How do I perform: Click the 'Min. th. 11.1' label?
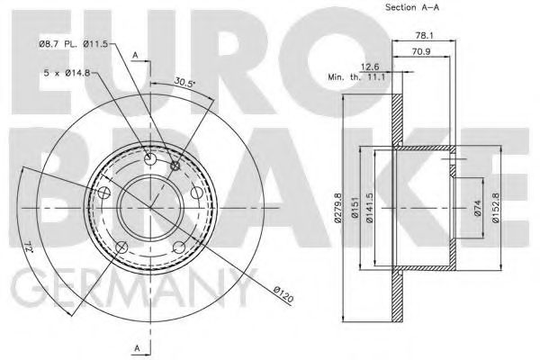coord(356,78)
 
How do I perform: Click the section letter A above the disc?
coord(136,56)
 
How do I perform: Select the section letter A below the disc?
coord(136,348)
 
